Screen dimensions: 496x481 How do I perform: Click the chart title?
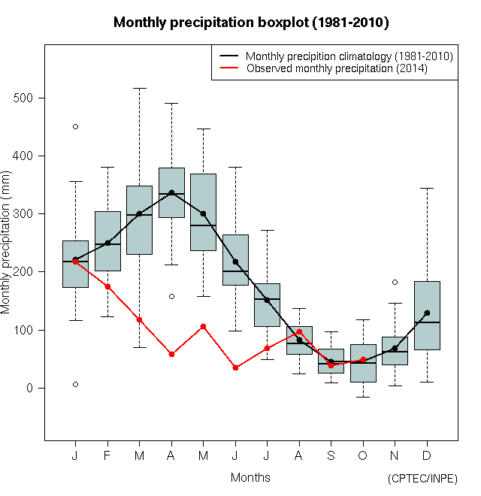(251, 23)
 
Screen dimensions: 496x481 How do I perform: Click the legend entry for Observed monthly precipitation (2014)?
(337, 68)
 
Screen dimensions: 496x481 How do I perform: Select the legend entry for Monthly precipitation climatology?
(349, 56)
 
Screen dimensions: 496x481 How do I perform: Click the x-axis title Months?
(250, 477)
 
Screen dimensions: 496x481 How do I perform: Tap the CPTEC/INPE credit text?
(422, 478)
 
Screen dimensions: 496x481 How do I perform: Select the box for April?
(171, 192)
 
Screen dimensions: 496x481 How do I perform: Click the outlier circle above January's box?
(75, 126)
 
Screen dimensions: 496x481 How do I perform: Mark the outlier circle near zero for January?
(75, 384)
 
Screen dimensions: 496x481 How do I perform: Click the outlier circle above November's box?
(395, 282)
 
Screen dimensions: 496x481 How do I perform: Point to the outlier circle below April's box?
(171, 296)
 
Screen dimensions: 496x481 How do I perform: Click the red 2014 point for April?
(171, 354)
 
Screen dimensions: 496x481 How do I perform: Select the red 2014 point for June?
(235, 367)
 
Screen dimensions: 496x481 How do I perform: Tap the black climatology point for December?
(427, 313)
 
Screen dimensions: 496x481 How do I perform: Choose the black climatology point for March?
(139, 213)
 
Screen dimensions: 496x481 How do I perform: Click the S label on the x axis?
(331, 455)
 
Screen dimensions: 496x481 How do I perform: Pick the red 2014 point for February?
(107, 286)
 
